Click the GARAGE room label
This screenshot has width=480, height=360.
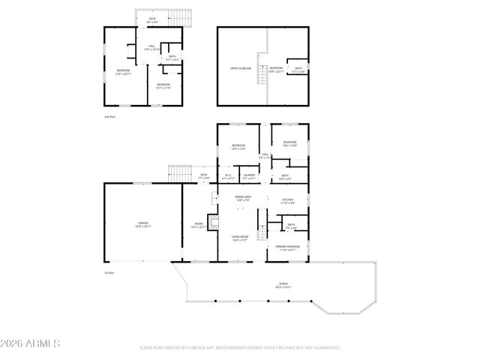[x=142, y=225]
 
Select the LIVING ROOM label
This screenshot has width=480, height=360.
[x=241, y=238]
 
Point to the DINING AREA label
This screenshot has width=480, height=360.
[x=243, y=198]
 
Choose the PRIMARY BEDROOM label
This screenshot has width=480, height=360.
[x=287, y=247]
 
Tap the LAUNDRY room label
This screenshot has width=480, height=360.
[x=249, y=177]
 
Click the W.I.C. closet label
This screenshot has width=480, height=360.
[x=228, y=177]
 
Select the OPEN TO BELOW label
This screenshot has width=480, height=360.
[x=240, y=68]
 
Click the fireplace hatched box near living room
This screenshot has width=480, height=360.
[x=213, y=222]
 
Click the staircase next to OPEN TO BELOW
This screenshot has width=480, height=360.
[x=262, y=75]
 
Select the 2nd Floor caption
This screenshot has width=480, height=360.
[x=110, y=118]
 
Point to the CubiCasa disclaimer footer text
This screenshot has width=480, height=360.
[x=240, y=348]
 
